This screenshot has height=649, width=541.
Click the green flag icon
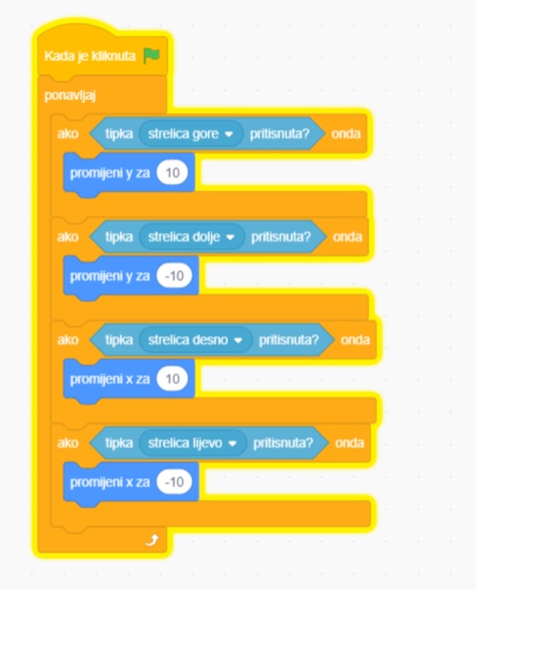pyautogui.click(x=152, y=55)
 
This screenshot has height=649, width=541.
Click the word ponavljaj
pyautogui.click(x=70, y=95)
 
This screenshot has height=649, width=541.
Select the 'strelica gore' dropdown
pyautogui.click(x=191, y=134)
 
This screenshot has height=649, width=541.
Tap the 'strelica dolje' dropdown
pyautogui.click(x=192, y=237)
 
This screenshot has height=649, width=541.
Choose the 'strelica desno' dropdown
pyautogui.click(x=196, y=340)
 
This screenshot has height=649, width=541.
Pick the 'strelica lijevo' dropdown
pyautogui.click(x=193, y=443)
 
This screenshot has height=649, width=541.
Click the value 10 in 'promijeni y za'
pyautogui.click(x=172, y=172)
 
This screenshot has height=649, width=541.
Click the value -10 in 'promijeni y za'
pyautogui.click(x=175, y=275)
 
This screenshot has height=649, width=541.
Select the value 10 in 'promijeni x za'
pyautogui.click(x=172, y=378)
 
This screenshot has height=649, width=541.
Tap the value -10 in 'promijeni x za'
pyautogui.click(x=175, y=481)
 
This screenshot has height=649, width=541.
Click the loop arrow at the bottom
pyautogui.click(x=152, y=540)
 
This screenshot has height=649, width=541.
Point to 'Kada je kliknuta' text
pyautogui.click(x=90, y=56)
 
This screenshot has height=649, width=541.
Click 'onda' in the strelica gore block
pyautogui.click(x=345, y=134)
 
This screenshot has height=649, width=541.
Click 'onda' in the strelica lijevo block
pyautogui.click(x=349, y=443)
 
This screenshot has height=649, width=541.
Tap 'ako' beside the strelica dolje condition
pyautogui.click(x=68, y=237)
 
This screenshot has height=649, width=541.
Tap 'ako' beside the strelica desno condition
pyautogui.click(x=68, y=340)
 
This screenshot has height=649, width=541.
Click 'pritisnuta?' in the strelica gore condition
pyautogui.click(x=280, y=134)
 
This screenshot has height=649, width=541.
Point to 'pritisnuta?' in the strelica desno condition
pyautogui.click(x=289, y=340)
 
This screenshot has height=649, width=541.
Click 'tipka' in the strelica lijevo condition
pyautogui.click(x=119, y=443)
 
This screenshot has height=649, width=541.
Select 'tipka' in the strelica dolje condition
pyautogui.click(x=119, y=237)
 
